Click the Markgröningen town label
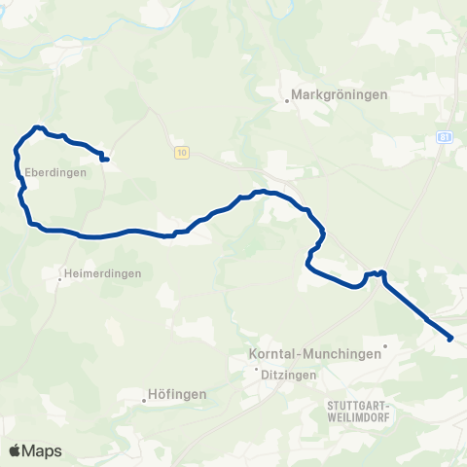tap(341, 95)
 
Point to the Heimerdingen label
tap(101, 273)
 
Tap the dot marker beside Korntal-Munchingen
tap(385, 345)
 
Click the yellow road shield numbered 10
tap(182, 153)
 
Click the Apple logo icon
tap(15, 450)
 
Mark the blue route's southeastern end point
tap(450, 339)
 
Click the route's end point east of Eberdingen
tap(105, 160)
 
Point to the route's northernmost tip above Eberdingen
tap(37, 126)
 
